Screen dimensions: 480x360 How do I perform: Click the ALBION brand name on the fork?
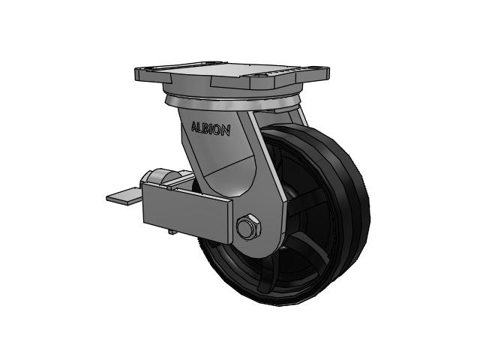point(211,129)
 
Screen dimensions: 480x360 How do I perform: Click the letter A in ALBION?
point(194,127)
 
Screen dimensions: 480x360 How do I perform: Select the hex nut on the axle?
point(248,226)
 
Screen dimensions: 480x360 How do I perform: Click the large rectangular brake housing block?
point(187,211)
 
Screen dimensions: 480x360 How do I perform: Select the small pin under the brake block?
point(172,232)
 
